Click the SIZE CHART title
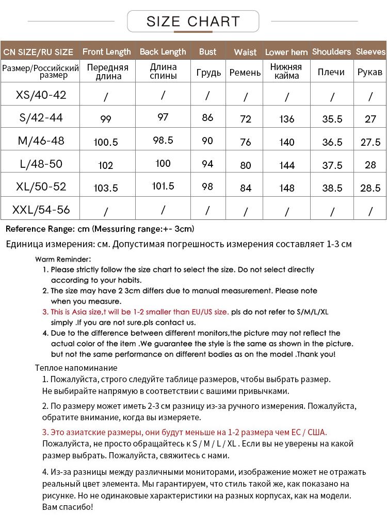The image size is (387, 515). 193,22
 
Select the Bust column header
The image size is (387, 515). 207,51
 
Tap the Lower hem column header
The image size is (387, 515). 286,52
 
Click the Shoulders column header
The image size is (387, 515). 332,51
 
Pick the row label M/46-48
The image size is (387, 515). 41,141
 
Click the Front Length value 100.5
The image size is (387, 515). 106,142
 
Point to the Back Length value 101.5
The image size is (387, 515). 163,186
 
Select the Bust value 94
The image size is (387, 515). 207,164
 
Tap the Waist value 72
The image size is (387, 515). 246,119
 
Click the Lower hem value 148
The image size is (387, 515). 286,188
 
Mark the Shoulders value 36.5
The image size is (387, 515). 332,142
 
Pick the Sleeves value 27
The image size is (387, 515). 370,119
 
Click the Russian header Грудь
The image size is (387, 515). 208,72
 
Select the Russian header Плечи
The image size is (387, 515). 331,72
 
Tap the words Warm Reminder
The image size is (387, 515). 63,259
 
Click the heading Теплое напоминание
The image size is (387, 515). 76,368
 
